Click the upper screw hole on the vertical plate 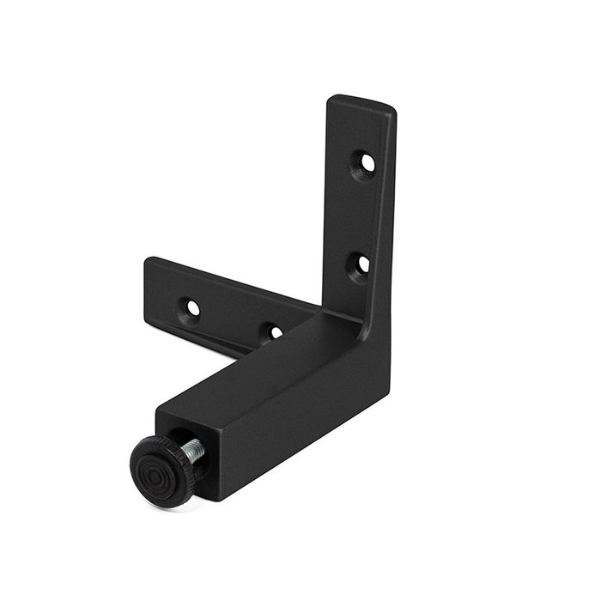pos(367,161)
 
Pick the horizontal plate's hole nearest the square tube pos(273,331)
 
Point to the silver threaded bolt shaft pos(194,450)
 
